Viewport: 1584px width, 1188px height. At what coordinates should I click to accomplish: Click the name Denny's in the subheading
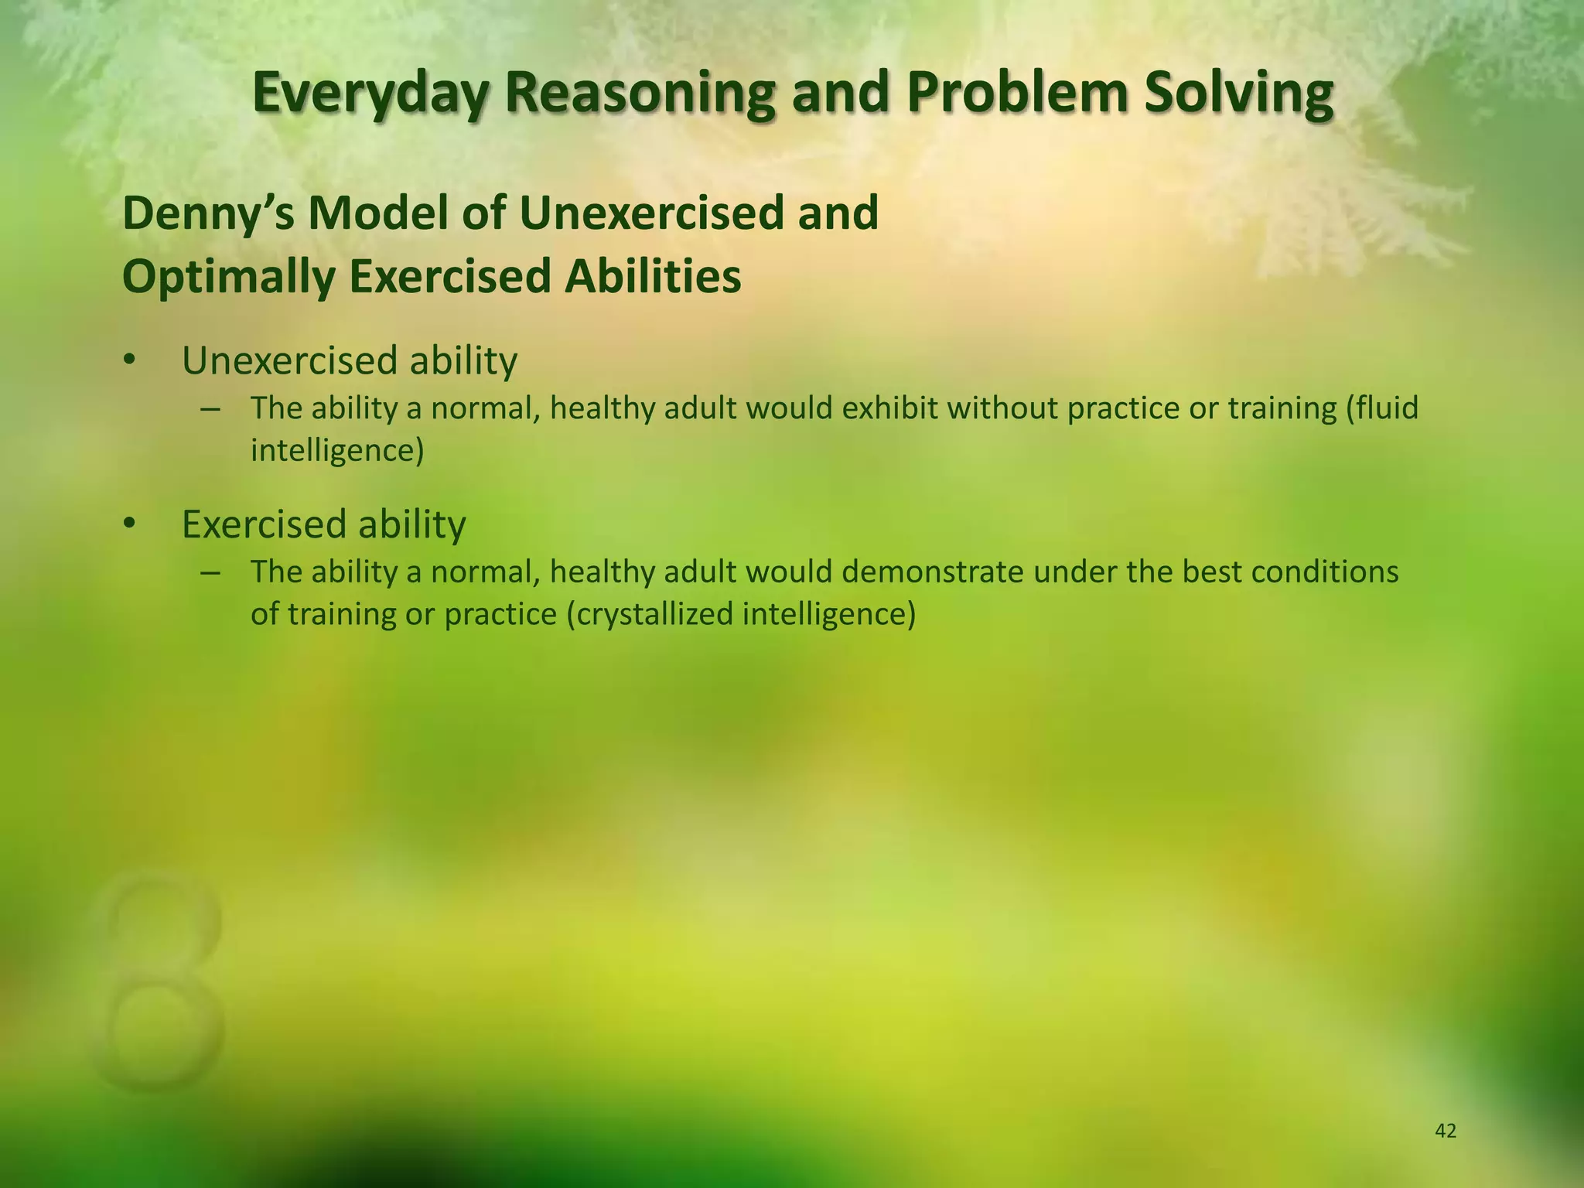[x=207, y=213]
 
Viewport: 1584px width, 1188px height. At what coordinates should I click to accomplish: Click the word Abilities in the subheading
[x=652, y=277]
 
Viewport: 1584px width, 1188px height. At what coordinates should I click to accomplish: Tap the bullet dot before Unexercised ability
[x=129, y=361]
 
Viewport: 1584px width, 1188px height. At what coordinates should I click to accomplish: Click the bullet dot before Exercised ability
[x=129, y=525]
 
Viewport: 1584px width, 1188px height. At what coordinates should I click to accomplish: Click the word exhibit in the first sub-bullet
[x=890, y=408]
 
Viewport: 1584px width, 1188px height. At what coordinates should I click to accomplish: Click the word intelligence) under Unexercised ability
[x=337, y=450]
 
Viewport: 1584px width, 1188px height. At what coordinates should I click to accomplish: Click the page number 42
[x=1445, y=1132]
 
